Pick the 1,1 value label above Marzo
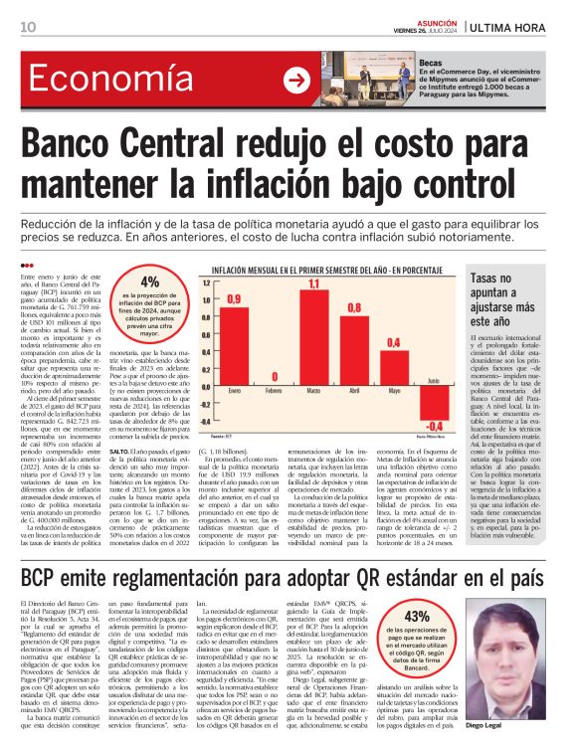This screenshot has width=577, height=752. [x=313, y=285]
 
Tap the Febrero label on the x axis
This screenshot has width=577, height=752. [x=274, y=391]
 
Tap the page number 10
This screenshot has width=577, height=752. [x=27, y=26]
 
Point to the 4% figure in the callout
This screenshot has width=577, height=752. [x=149, y=281]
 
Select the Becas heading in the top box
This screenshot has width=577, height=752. [x=430, y=61]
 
